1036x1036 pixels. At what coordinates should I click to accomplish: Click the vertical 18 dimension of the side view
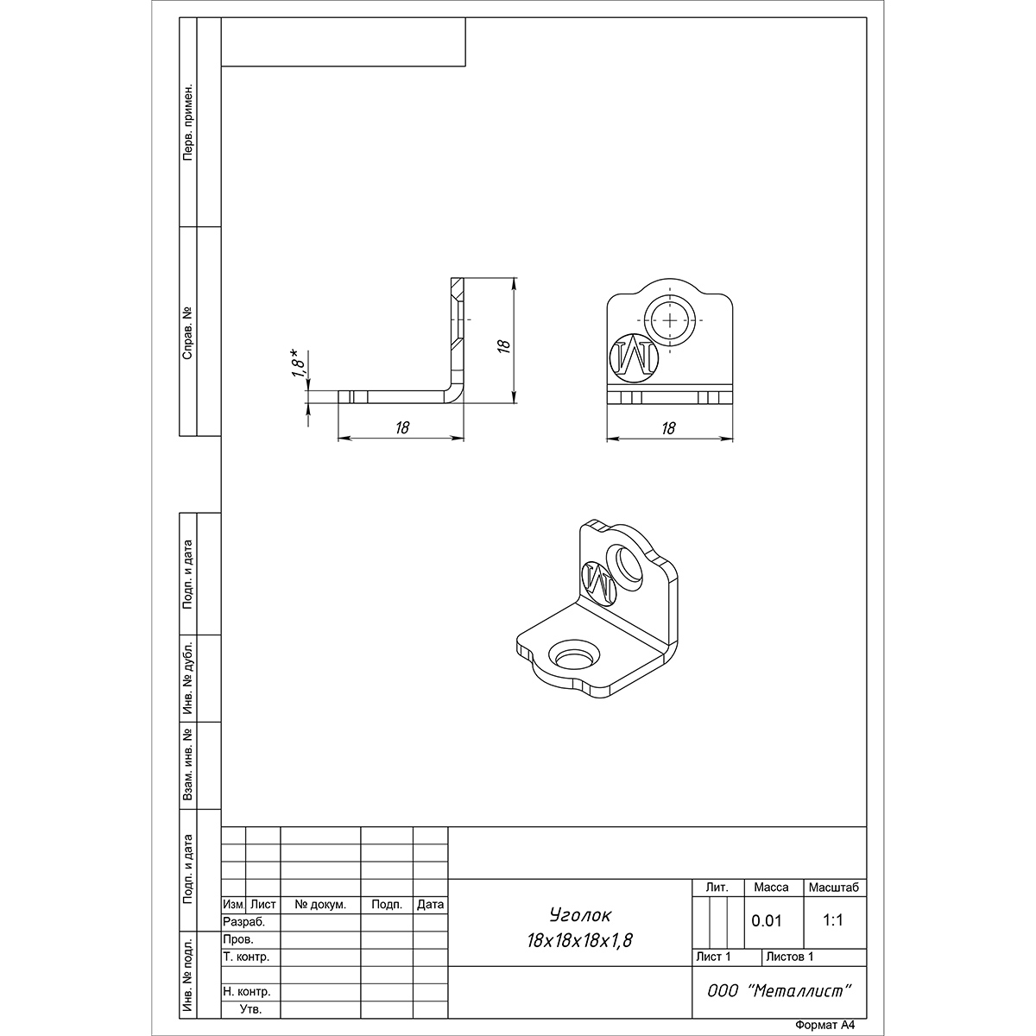point(504,345)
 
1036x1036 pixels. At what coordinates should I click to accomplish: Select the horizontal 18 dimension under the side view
point(402,427)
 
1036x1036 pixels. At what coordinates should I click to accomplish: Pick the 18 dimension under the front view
point(668,428)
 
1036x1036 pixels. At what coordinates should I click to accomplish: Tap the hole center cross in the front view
point(670,320)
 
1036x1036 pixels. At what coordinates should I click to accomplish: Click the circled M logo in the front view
point(634,358)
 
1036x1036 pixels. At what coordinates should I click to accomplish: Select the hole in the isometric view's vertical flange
point(625,566)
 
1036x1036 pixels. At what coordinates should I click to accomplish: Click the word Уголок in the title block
point(581,915)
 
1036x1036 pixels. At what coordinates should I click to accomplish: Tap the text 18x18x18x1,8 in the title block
point(579,941)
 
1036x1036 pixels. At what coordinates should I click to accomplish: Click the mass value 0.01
point(766,921)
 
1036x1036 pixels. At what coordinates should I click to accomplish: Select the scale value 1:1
point(833,920)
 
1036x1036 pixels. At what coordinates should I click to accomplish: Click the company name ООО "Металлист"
point(780,991)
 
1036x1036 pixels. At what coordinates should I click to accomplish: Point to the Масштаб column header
point(834,888)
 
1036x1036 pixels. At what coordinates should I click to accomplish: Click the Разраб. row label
point(244,922)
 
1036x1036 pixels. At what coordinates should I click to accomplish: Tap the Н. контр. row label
point(247,991)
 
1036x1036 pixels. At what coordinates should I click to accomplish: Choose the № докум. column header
point(320,905)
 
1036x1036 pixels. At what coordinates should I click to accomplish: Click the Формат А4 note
point(824,1026)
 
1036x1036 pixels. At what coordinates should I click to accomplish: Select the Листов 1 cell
point(790,957)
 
